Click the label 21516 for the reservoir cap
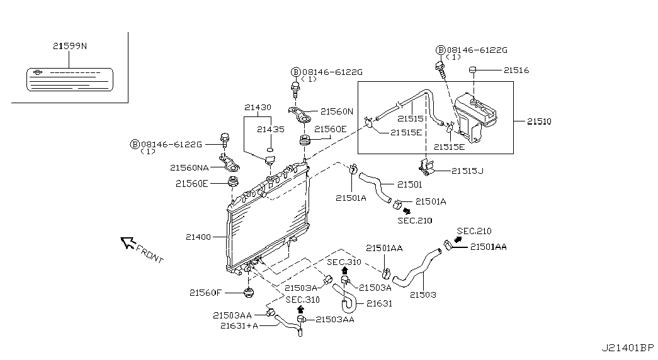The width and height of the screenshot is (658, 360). pyautogui.click(x=516, y=70)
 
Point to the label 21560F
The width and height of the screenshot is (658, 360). pyautogui.click(x=205, y=292)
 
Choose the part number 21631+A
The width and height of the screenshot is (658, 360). pyautogui.click(x=239, y=325)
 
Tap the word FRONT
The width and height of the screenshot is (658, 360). pyautogui.click(x=150, y=254)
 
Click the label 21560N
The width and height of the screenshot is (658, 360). pyautogui.click(x=337, y=111)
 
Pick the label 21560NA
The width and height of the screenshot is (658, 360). pyautogui.click(x=190, y=167)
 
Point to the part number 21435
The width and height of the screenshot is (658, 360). pyautogui.click(x=270, y=129)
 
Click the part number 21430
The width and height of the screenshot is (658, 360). pyautogui.click(x=258, y=108)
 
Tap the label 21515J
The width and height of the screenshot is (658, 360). pyautogui.click(x=467, y=171)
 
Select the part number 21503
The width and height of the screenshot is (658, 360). pyautogui.click(x=423, y=294)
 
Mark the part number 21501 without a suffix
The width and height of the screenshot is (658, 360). pyautogui.click(x=409, y=185)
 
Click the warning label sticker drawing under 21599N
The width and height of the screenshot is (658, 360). pyautogui.click(x=69, y=79)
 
